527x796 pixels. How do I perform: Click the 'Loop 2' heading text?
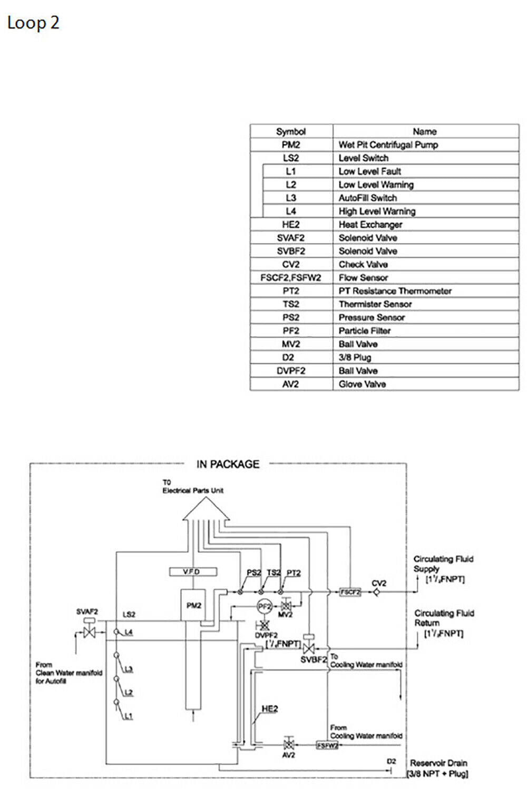pyautogui.click(x=33, y=23)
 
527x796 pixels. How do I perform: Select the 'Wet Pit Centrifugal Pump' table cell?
pyautogui.click(x=388, y=144)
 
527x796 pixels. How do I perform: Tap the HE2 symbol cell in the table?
pyautogui.click(x=291, y=225)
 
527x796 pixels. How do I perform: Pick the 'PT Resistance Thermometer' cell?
pyautogui.click(x=395, y=291)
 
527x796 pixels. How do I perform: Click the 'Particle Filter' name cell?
pyautogui.click(x=364, y=331)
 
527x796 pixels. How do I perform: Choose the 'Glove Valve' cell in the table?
pyautogui.click(x=362, y=384)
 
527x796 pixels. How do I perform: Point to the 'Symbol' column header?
pyautogui.click(x=291, y=131)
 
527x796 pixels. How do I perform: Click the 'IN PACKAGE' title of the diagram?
pyautogui.click(x=228, y=464)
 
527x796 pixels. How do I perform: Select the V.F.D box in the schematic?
pyautogui.click(x=191, y=572)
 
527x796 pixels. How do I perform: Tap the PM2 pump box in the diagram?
pyautogui.click(x=193, y=606)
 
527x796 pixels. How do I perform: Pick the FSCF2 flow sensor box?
pyautogui.click(x=350, y=592)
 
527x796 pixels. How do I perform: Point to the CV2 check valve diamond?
pyautogui.click(x=377, y=592)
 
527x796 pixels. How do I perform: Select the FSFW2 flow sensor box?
pyautogui.click(x=327, y=745)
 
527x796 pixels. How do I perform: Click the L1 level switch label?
pyautogui.click(x=129, y=716)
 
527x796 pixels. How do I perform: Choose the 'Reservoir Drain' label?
pyautogui.click(x=438, y=763)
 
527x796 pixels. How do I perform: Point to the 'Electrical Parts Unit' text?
pyautogui.click(x=193, y=490)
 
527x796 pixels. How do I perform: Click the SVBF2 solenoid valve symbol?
pyautogui.click(x=309, y=646)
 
